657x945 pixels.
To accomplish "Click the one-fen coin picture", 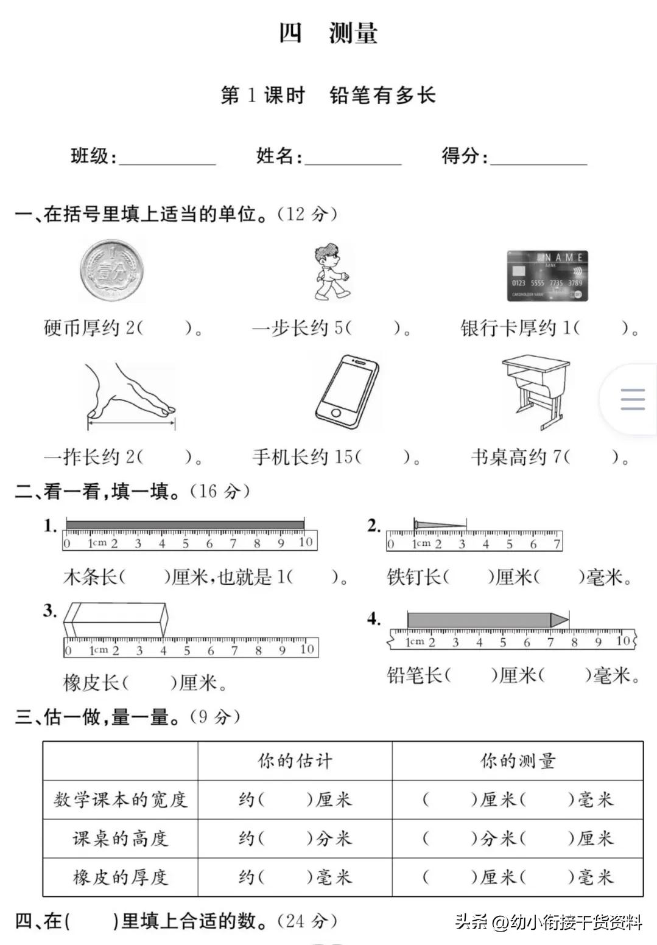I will [112, 270].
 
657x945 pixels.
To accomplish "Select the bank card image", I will [547, 276].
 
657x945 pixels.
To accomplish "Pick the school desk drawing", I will [536, 392].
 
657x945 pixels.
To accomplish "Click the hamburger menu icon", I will [632, 399].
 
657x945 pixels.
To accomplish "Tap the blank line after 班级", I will [167, 159].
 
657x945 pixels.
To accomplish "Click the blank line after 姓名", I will [353, 159].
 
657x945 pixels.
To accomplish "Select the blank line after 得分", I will [539, 159].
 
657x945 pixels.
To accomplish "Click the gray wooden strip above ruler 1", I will [185, 525].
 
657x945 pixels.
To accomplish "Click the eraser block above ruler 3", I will [115, 619].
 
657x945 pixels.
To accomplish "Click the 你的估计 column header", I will [295, 761].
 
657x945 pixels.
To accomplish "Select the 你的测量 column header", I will [518, 761].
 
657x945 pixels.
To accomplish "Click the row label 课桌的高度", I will [120, 839].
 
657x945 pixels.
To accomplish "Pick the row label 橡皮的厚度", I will [120, 877].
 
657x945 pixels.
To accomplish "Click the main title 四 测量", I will [328, 33].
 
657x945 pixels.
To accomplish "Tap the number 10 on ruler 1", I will [305, 542].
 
